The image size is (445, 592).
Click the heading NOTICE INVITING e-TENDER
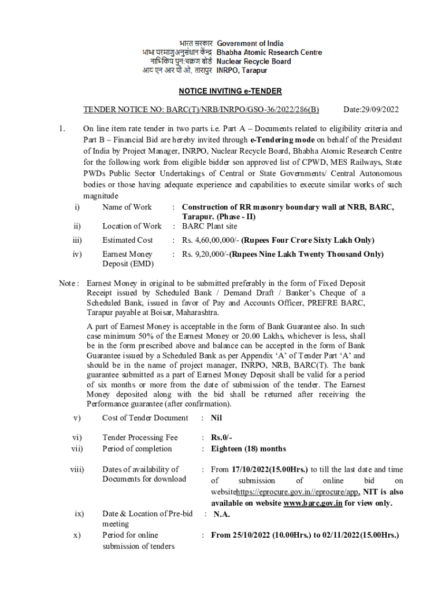[x=230, y=91]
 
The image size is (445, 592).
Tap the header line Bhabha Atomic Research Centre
[x=269, y=52]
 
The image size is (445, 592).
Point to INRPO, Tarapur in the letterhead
[x=242, y=71]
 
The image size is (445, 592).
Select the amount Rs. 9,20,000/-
[x=205, y=254]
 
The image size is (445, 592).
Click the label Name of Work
[x=127, y=207]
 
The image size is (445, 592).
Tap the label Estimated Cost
[x=128, y=240]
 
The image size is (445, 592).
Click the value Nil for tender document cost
[x=217, y=418]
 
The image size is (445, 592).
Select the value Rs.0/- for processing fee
[x=221, y=438]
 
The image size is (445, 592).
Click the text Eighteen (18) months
[x=249, y=449]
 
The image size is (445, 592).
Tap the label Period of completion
[x=136, y=449]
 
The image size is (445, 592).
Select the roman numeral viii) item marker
[x=77, y=470]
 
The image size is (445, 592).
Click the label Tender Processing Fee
[x=140, y=438]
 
